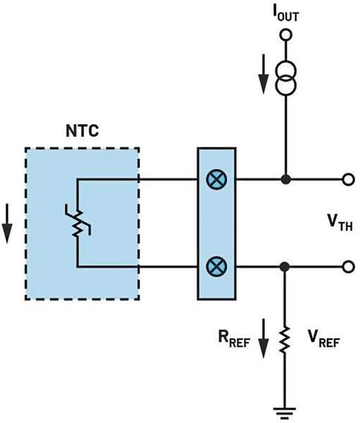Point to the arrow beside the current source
pyautogui.click(x=263, y=80)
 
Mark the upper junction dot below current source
pyautogui.click(x=285, y=180)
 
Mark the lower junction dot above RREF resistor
pyautogui.click(x=285, y=267)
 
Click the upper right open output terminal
pyautogui.click(x=347, y=180)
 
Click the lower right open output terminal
pyautogui.click(x=347, y=267)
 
